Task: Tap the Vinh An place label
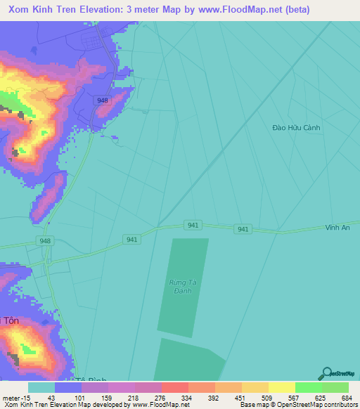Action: [x=337, y=228]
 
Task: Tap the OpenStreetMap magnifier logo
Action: [x=326, y=374]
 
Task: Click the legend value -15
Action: [x=21, y=397]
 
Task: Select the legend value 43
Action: [x=51, y=397]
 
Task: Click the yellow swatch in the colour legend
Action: [x=281, y=387]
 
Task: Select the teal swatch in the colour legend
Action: [x=41, y=387]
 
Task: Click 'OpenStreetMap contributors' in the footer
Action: [x=320, y=404]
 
